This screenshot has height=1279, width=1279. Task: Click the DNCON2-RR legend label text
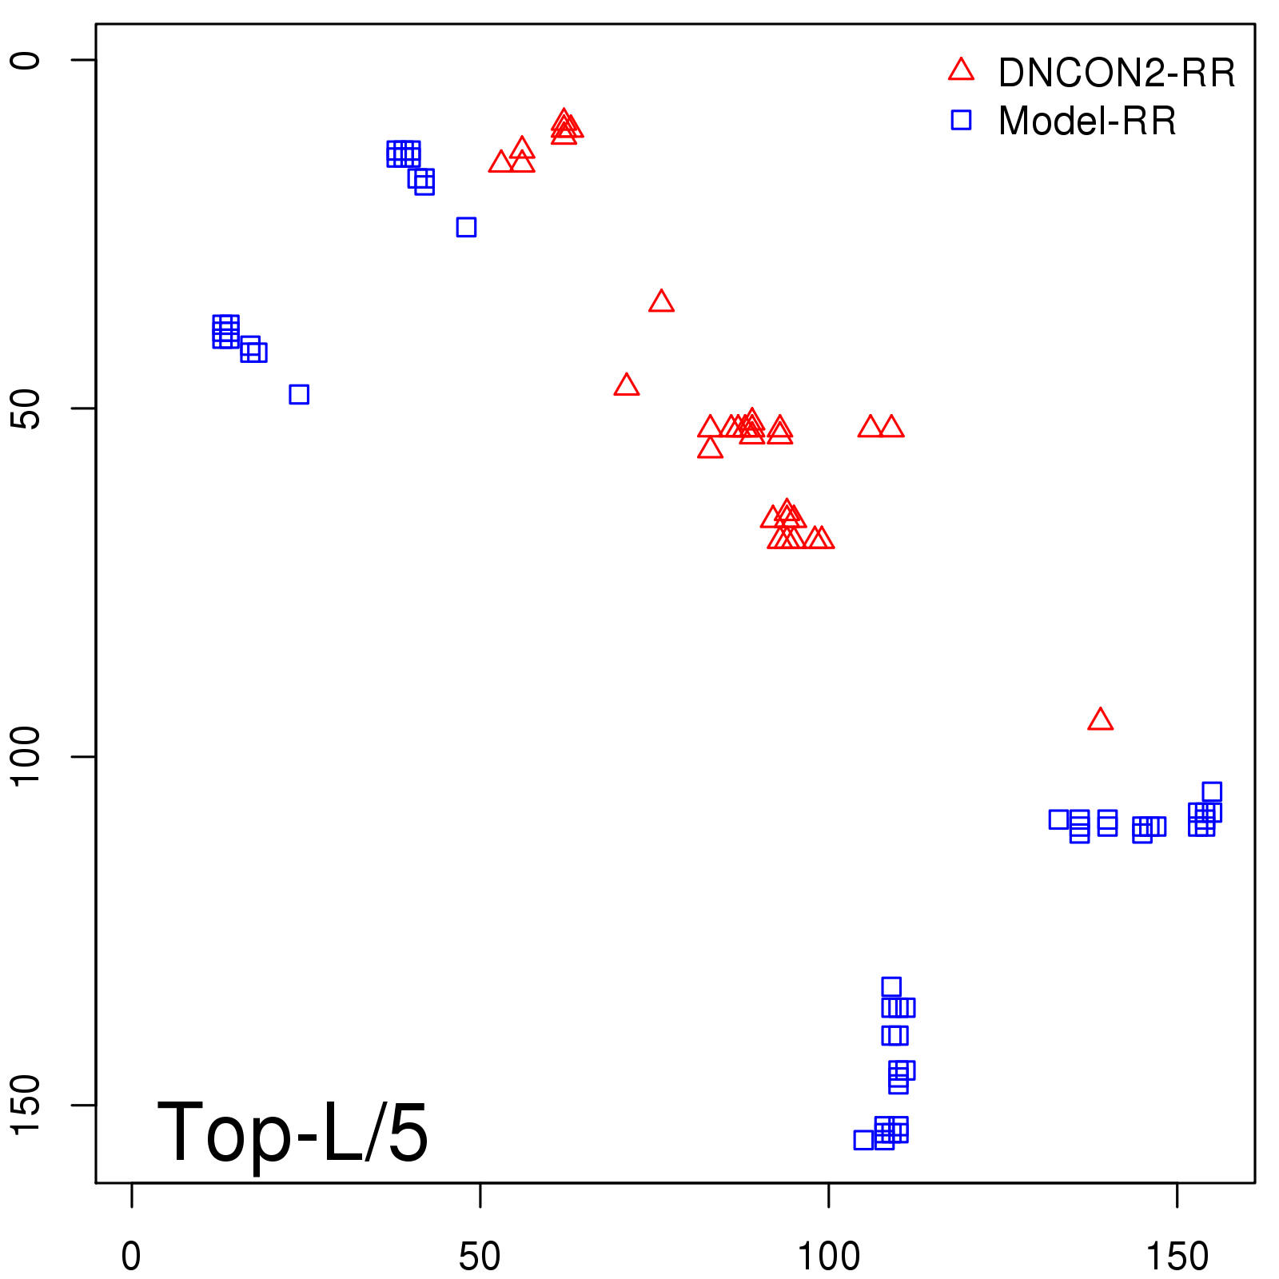click(x=1116, y=74)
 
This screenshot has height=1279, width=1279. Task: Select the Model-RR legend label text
click(x=1086, y=122)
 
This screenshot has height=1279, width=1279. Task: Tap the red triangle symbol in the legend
click(x=961, y=70)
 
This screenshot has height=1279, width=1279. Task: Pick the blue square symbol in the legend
click(x=961, y=120)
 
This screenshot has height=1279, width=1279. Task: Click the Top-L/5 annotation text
click(x=293, y=1132)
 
